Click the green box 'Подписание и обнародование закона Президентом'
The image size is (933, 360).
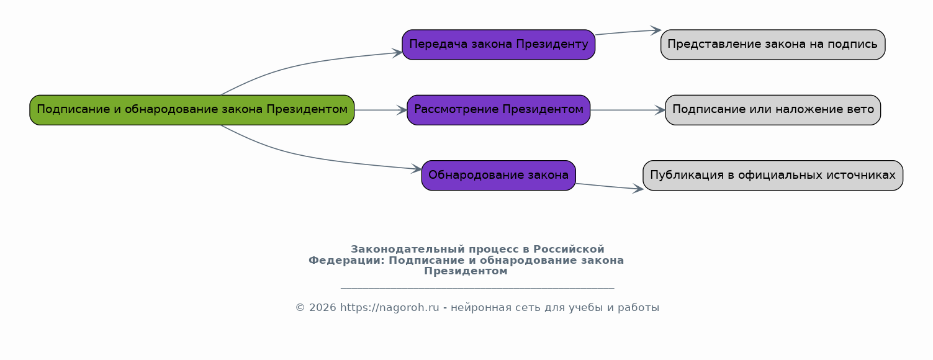(x=192, y=110)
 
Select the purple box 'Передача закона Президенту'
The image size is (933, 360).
(x=498, y=45)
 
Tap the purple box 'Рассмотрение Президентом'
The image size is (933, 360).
(x=498, y=110)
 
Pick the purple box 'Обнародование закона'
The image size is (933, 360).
(x=498, y=176)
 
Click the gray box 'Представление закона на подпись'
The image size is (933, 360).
(x=773, y=45)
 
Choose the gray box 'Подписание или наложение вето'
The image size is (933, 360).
(x=773, y=110)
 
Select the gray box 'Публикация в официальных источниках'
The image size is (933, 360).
(x=773, y=176)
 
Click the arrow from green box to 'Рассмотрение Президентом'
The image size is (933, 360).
(x=381, y=110)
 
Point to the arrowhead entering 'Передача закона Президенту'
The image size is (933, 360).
(x=397, y=53)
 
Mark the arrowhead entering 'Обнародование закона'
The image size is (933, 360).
(x=417, y=169)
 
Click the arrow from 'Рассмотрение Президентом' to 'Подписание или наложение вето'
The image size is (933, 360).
(x=628, y=110)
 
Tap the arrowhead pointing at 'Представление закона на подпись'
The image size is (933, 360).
(x=656, y=30)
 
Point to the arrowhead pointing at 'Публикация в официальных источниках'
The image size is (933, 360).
(x=638, y=189)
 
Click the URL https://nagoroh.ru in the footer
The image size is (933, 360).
(x=389, y=307)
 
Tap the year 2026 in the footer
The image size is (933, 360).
(x=322, y=307)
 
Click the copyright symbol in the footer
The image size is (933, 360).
(x=300, y=307)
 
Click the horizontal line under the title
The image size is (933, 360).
(x=477, y=288)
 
